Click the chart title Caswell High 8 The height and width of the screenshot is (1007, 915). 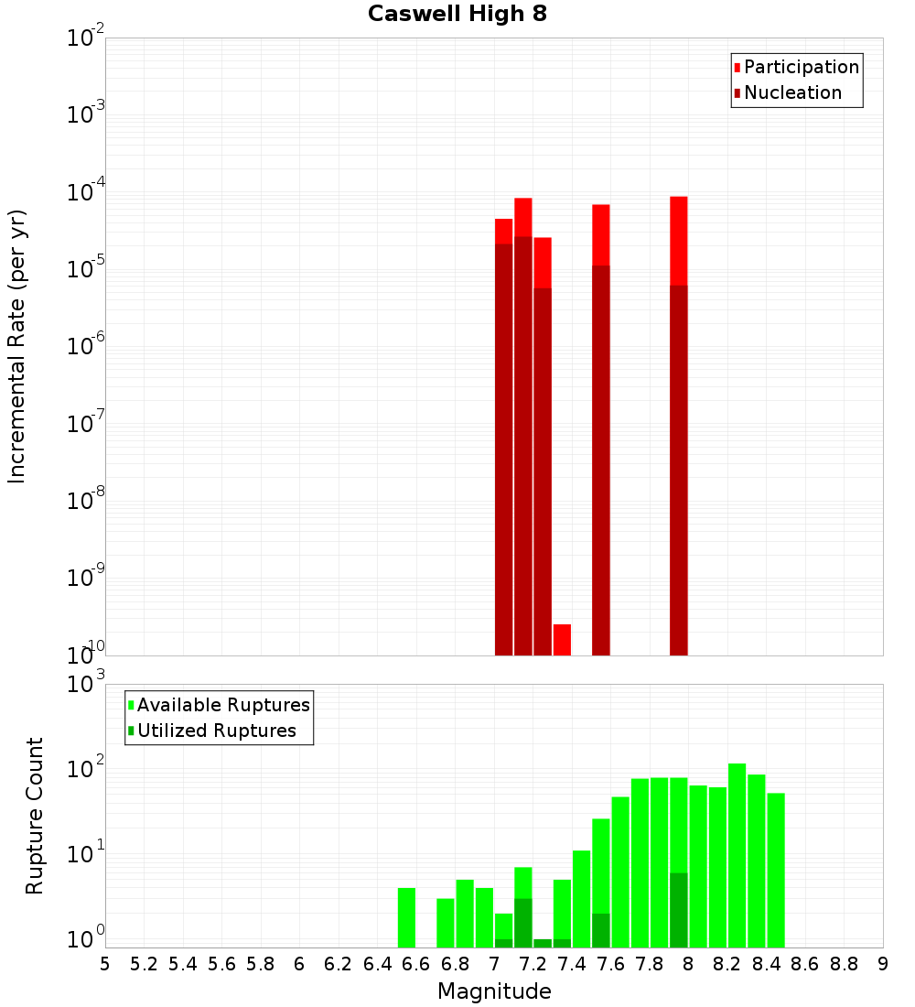457,15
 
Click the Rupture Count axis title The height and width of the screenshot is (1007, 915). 35,815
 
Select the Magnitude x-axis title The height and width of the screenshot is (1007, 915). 494,991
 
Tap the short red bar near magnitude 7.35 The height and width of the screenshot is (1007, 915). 562,639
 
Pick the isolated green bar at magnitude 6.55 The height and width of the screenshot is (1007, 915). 406,917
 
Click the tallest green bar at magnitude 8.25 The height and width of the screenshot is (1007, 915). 737,855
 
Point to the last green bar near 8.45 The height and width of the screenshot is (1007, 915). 776,870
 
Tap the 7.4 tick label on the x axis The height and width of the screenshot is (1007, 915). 572,964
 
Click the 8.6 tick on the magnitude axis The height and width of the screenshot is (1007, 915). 805,964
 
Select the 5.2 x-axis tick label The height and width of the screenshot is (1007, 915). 144,964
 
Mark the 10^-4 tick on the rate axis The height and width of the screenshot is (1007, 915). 86,192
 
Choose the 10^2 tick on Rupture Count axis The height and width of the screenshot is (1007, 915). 86,768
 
